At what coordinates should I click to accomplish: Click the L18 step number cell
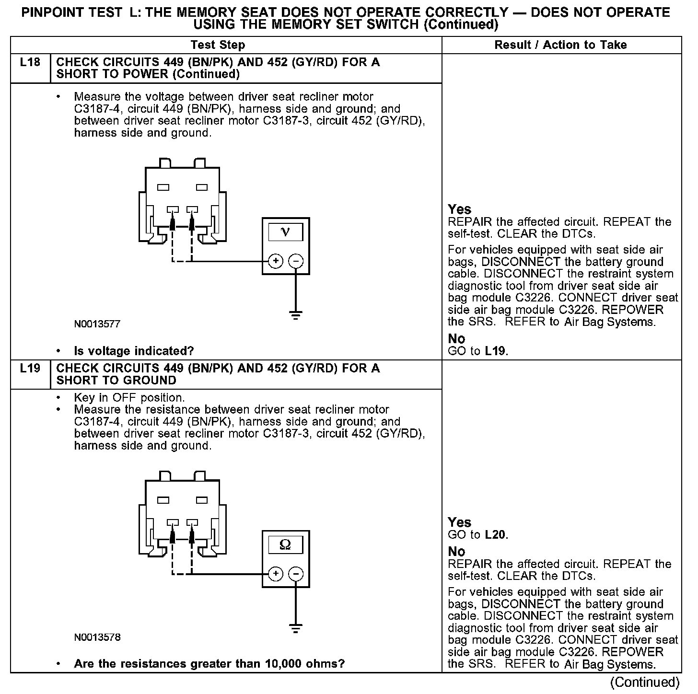coord(30,63)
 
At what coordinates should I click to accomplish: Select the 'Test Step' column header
coord(218,45)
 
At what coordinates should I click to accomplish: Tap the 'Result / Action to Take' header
coord(560,45)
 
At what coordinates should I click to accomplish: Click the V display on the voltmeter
coord(285,232)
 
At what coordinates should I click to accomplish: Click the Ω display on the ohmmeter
coord(285,545)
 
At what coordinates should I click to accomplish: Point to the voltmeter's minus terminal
coord(296,261)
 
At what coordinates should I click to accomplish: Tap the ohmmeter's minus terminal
coord(296,574)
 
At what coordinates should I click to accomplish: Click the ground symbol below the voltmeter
coord(296,315)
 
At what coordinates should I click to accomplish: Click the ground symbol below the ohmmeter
coord(296,628)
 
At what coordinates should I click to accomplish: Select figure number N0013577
coord(97,324)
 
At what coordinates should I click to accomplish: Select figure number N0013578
coord(97,637)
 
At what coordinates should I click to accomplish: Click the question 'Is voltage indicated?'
coord(134,351)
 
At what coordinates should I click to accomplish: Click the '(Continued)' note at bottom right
coord(645,682)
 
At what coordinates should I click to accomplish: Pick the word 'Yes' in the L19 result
coord(459,522)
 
